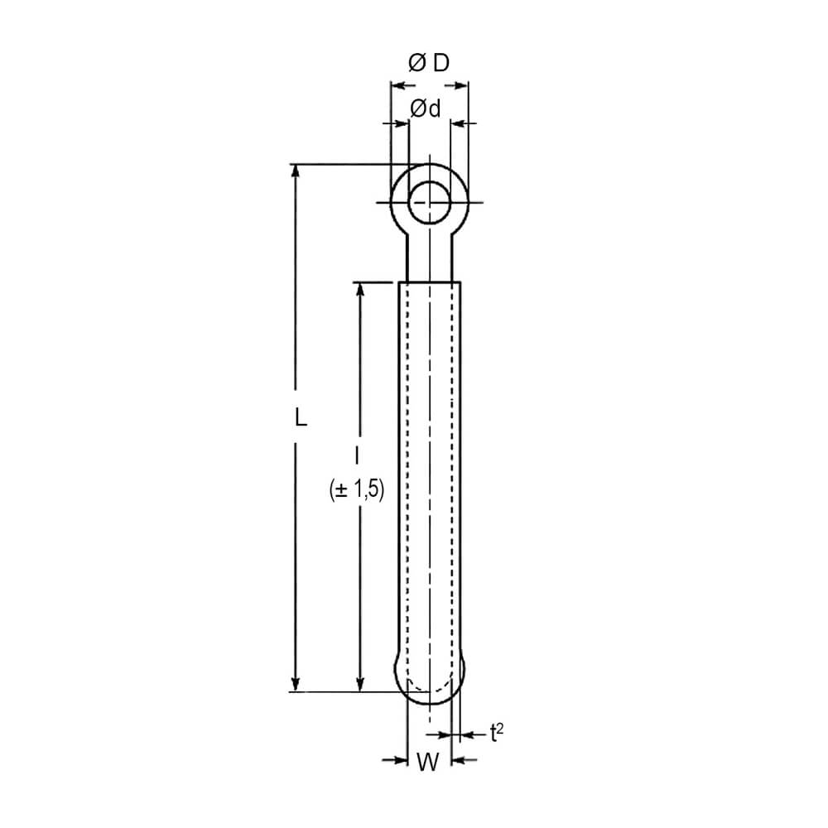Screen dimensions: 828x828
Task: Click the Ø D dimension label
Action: (x=429, y=63)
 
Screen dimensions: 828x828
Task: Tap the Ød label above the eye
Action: (x=425, y=108)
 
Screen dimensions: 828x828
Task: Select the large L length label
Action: (x=301, y=416)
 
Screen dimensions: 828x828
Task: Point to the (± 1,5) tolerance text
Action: (x=356, y=489)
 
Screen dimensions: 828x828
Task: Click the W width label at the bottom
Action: (x=428, y=762)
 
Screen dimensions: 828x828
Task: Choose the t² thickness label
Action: (x=496, y=733)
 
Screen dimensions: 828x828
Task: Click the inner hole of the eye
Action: (x=430, y=202)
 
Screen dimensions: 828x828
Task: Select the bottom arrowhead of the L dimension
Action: (x=296, y=683)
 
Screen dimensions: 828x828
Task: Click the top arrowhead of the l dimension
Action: (x=360, y=291)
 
